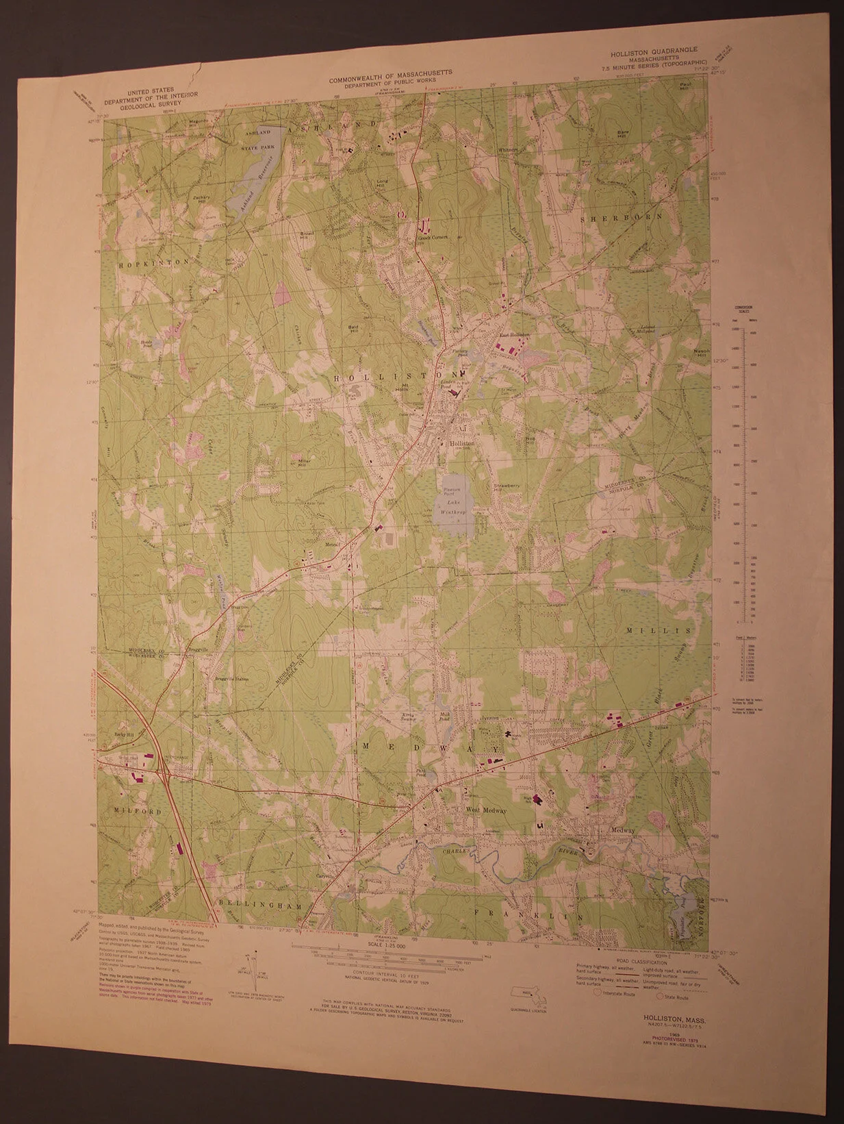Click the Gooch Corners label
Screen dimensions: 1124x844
point(432,238)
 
